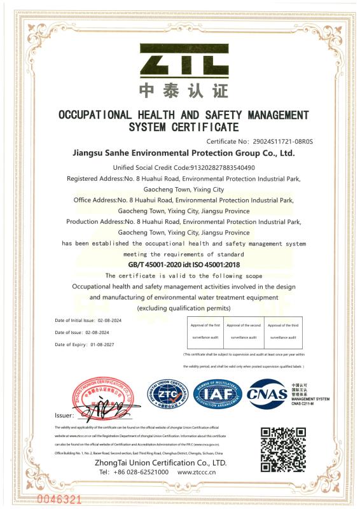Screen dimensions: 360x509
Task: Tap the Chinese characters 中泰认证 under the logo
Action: click(184, 90)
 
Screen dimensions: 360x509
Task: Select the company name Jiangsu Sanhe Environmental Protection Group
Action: click(184, 153)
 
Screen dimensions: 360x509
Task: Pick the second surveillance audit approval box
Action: click(244, 331)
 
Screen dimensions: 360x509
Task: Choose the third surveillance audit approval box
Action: click(284, 331)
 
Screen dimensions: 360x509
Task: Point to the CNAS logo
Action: click(267, 393)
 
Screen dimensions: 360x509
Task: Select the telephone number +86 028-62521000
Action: click(134, 473)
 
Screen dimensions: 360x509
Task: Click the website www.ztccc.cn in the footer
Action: click(202, 473)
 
